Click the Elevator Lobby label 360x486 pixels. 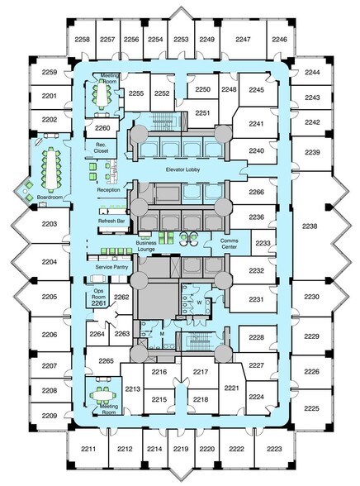(182, 169)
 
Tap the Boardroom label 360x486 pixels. (50, 197)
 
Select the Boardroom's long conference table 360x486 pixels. (51, 169)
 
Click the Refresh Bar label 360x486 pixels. (111, 221)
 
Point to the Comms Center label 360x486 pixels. (229, 244)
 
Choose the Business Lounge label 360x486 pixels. (146, 246)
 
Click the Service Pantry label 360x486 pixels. (111, 267)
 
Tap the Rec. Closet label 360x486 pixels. (101, 148)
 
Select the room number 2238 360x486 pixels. (310, 226)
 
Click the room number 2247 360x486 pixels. (243, 40)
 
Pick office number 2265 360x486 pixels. (107, 360)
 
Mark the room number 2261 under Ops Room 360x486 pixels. (99, 303)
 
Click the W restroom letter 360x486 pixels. (200, 303)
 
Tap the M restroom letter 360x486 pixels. (162, 334)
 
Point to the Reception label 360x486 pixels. (108, 190)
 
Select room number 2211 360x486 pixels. (88, 449)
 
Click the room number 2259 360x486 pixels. (50, 72)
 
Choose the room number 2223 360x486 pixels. (274, 449)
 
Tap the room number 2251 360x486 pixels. (202, 113)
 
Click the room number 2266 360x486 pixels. (256, 192)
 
